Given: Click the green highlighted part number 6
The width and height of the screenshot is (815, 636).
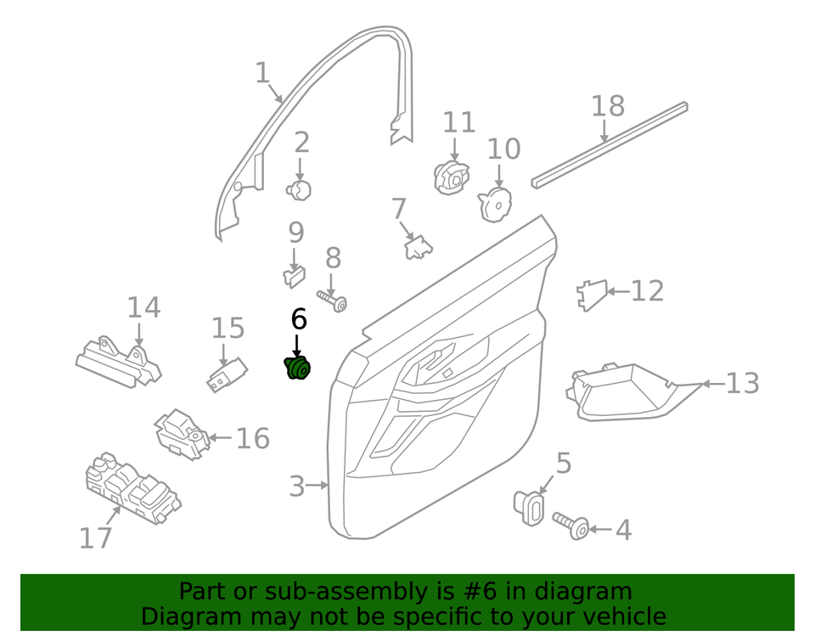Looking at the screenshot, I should pos(297,369).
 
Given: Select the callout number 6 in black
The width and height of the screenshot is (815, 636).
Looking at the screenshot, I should pos(299,319).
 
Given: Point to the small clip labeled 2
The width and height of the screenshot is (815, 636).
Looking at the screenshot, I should pos(300,190).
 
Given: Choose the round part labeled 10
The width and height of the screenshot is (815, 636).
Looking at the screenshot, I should pos(495,204).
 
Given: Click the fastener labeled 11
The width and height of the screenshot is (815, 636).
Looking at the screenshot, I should pos(451,177).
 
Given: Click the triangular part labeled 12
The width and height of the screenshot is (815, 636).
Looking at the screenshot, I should pos(591,294).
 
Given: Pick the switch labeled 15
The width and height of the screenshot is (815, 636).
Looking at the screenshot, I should pos(227,375).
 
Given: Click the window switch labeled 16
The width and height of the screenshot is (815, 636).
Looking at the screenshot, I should pos(180,433).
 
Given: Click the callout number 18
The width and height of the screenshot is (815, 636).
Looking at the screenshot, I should pos(607,106).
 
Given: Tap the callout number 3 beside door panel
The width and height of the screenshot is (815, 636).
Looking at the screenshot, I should pos(296,487).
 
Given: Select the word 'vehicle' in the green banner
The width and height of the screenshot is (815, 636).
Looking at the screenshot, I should pos(618,616).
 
